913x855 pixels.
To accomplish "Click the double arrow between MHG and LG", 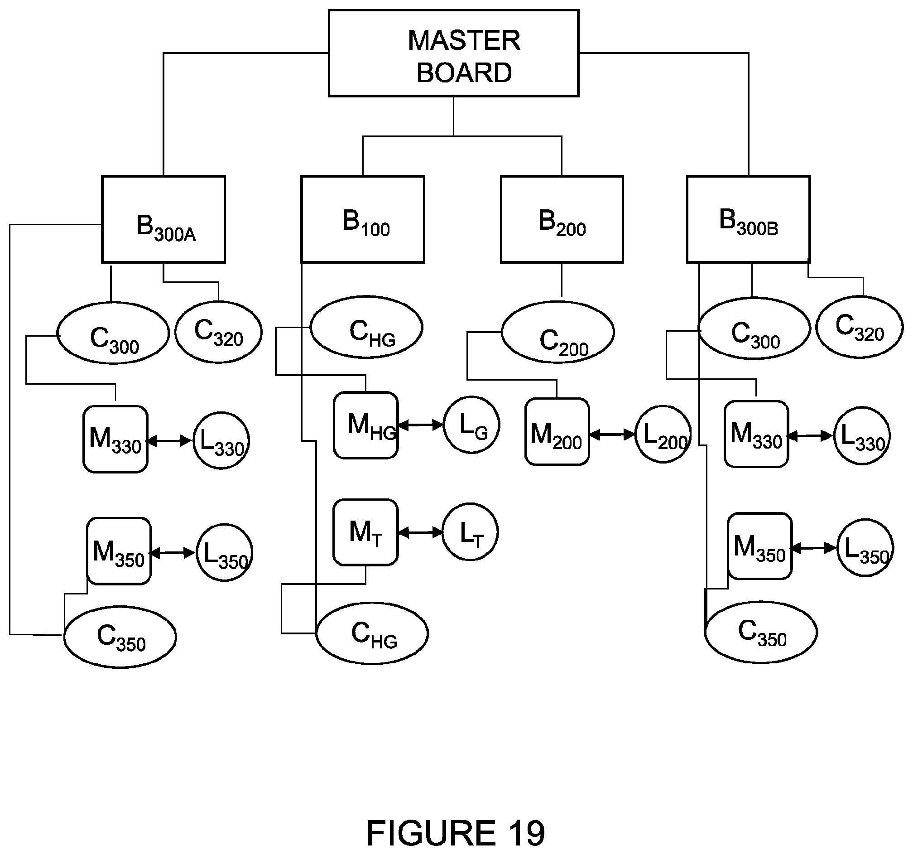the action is tap(421, 425).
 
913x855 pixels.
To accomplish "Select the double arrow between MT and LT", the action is tap(420, 532).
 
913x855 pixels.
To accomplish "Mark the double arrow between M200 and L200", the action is tap(612, 435).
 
